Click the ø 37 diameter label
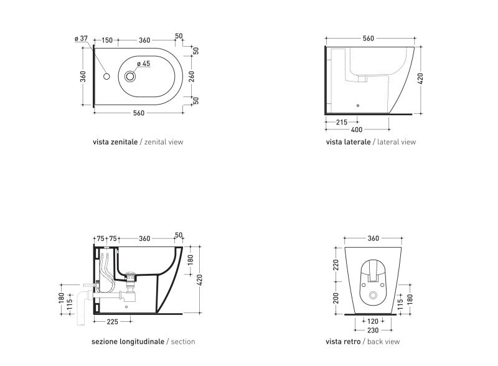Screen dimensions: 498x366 tap(81, 39)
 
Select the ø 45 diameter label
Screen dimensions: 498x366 tap(144, 63)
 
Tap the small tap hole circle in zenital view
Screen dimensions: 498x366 tap(106, 76)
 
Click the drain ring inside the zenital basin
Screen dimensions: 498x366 tap(130, 76)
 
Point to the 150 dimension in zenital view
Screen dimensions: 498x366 tap(107, 40)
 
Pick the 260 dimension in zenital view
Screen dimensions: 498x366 tap(192, 76)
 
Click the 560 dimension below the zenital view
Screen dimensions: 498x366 tap(138, 113)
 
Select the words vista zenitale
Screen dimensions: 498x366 tap(115, 142)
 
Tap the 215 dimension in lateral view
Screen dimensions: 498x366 tap(341, 122)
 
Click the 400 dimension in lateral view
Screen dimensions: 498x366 tap(357, 129)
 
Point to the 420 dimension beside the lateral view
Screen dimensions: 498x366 tap(420, 78)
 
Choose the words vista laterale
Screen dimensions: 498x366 tap(348, 142)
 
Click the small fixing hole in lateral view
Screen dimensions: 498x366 tap(358, 105)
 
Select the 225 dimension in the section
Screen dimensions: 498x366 tap(112, 322)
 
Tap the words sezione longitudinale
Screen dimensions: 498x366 tap(128, 342)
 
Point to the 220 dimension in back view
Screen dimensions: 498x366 tap(336, 265)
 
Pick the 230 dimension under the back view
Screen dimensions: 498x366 tap(372, 331)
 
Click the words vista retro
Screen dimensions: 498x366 tap(343, 342)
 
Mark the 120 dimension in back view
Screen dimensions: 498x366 tap(372, 321)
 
